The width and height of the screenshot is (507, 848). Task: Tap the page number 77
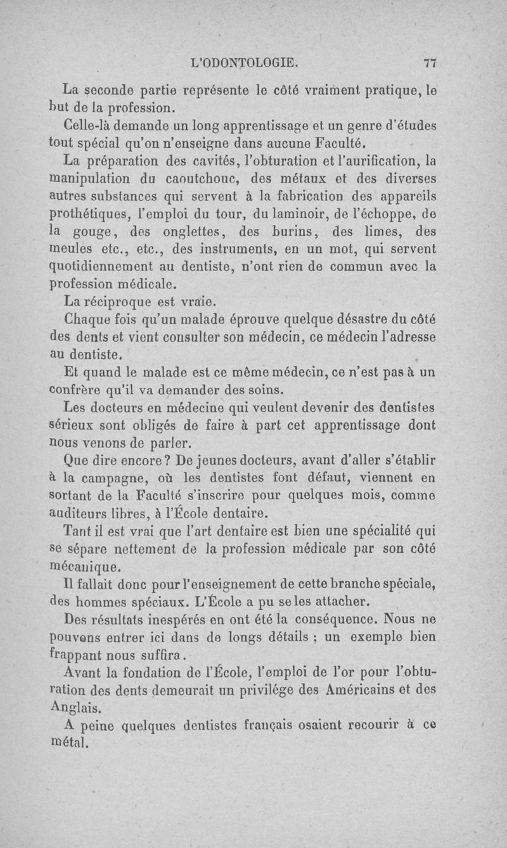(431, 63)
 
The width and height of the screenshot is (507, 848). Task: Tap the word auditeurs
(78, 510)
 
